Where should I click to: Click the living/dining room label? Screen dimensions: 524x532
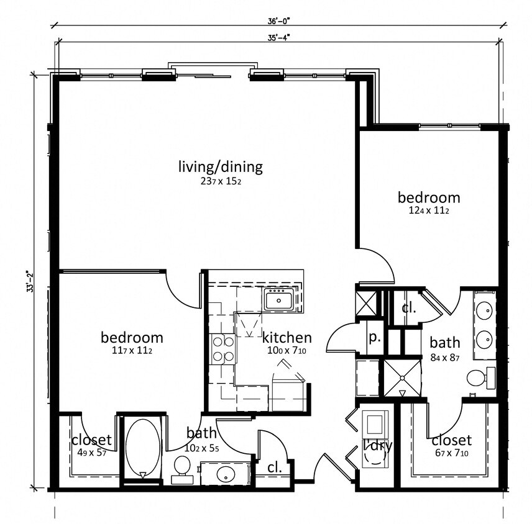[x=221, y=166]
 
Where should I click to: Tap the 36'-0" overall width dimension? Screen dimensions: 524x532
[x=275, y=20]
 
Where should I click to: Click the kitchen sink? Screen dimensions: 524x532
[x=278, y=300]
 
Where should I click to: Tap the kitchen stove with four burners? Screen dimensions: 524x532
[x=223, y=348]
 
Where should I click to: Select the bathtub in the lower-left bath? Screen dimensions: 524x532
[x=142, y=449]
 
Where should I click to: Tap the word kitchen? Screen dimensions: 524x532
[x=287, y=338]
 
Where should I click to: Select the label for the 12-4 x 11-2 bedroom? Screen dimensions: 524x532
[x=429, y=197]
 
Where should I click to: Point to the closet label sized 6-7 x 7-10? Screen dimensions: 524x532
[x=451, y=440]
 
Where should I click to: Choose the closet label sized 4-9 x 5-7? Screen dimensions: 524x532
[x=91, y=440]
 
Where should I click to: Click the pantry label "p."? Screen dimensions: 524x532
[x=375, y=339]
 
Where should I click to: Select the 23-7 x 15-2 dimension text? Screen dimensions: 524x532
[x=221, y=181]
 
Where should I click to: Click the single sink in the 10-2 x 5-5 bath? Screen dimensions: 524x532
[x=226, y=475]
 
